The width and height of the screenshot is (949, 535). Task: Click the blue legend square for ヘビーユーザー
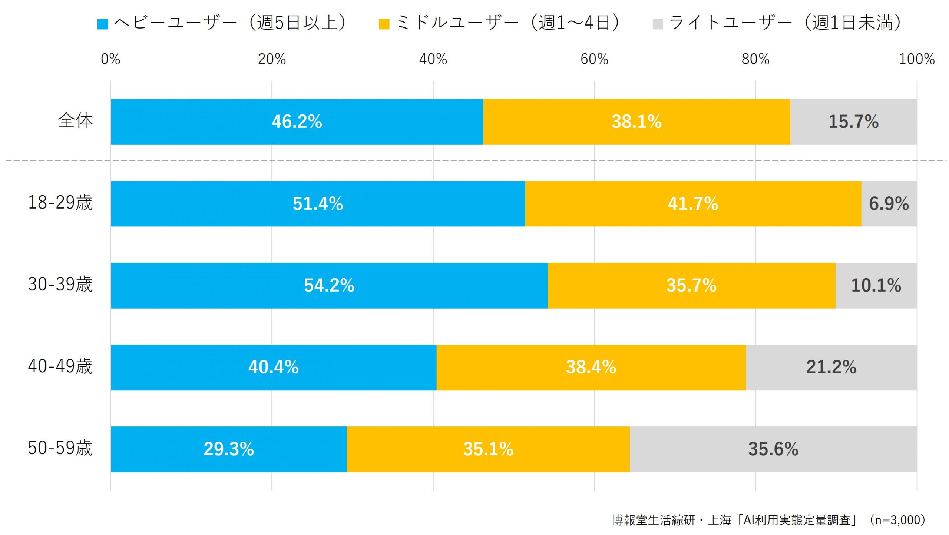102,24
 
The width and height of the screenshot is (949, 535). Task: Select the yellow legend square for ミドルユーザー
384,24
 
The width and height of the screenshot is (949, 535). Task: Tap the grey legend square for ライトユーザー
658,24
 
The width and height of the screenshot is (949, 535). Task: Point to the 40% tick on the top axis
433,59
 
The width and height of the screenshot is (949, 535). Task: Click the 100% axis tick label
916,59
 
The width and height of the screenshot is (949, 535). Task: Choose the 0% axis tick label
110,59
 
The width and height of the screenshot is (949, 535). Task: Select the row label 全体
75,121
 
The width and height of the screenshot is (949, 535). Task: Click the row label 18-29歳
60,203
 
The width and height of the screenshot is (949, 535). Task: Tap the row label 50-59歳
60,448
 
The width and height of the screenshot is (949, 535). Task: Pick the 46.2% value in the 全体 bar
297,122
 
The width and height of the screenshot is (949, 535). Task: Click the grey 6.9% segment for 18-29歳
889,204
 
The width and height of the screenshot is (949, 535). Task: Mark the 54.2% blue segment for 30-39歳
329,286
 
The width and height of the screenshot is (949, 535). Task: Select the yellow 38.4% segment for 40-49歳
591,368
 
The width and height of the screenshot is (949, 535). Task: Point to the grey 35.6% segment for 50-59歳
773,449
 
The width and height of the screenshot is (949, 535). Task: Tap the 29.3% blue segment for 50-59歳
229,449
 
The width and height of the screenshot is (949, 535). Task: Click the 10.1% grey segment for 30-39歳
876,286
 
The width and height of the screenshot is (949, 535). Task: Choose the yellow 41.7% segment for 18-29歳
693,204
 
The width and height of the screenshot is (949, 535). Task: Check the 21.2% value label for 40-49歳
831,368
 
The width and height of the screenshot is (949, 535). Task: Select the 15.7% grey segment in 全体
853,122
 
